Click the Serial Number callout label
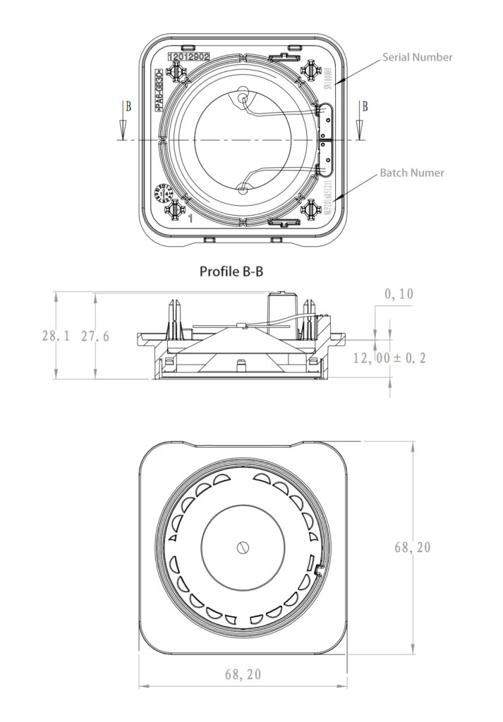click(x=417, y=57)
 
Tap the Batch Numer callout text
click(x=412, y=172)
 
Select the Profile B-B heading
click(x=231, y=271)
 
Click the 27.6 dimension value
click(x=95, y=336)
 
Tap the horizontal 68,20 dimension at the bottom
click(x=243, y=674)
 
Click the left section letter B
click(x=128, y=107)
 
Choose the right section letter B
click(x=364, y=107)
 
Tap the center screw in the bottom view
click(x=243, y=546)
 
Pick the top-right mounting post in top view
click(x=310, y=70)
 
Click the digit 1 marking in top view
click(x=190, y=219)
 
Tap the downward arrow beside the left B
click(x=122, y=128)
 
